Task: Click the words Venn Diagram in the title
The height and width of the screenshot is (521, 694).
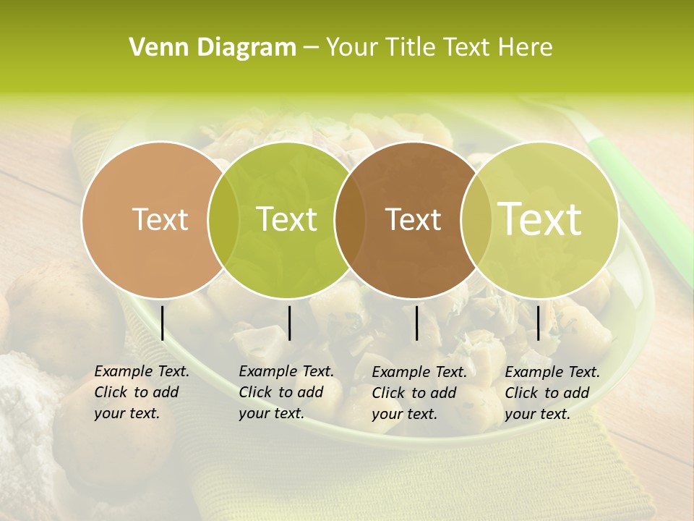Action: (213, 48)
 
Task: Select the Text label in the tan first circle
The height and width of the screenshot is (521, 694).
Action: (160, 219)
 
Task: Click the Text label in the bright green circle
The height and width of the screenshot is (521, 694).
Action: (287, 219)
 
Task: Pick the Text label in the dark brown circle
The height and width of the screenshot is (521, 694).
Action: (414, 219)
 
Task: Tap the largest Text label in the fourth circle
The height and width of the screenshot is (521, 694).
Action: (540, 219)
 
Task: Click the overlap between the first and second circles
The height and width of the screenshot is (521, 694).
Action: (223, 220)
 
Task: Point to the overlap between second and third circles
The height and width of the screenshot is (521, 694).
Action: (350, 220)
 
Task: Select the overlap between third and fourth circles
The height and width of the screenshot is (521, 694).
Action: (476, 220)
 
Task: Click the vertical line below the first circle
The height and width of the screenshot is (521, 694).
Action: (162, 323)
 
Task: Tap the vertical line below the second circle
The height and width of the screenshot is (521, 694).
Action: (289, 323)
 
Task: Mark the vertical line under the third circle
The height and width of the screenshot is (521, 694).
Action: (417, 323)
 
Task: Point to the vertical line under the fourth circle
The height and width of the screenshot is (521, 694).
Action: (538, 323)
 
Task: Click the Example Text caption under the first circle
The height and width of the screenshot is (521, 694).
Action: (141, 392)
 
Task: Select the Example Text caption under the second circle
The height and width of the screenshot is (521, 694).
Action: (286, 392)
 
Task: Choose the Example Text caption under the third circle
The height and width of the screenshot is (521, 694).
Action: (419, 393)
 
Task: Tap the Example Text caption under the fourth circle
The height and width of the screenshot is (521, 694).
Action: (552, 393)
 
